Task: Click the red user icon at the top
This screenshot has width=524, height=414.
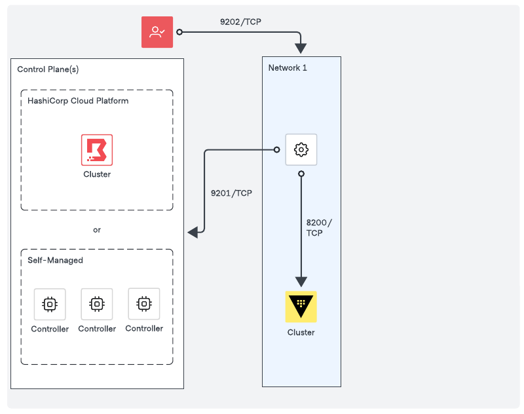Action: tap(157, 32)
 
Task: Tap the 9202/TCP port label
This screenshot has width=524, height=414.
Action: tap(241, 22)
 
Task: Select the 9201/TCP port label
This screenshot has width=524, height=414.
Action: tap(231, 193)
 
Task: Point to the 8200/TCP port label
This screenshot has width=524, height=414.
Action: tap(319, 227)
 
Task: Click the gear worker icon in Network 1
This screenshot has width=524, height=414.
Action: tap(301, 149)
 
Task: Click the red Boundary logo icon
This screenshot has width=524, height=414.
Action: tap(97, 150)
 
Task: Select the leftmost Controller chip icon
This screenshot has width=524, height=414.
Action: tap(50, 304)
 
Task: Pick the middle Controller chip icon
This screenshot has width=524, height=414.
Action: tap(97, 304)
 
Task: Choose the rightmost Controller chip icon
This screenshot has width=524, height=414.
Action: tap(144, 304)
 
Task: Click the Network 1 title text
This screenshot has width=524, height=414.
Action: tap(288, 68)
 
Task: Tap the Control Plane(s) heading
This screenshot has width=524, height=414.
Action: tap(48, 69)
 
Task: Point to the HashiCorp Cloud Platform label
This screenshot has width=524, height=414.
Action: tap(78, 101)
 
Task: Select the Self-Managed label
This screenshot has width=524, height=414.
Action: tap(55, 260)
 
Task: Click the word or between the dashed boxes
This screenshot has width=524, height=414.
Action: tap(97, 230)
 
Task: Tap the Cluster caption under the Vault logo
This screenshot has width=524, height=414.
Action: tap(301, 332)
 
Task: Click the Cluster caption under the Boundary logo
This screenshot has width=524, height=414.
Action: tap(97, 174)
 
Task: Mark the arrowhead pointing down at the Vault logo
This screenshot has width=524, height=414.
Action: tap(301, 281)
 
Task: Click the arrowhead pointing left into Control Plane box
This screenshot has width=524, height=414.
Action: tap(193, 233)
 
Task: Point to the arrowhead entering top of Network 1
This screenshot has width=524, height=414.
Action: tap(301, 48)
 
